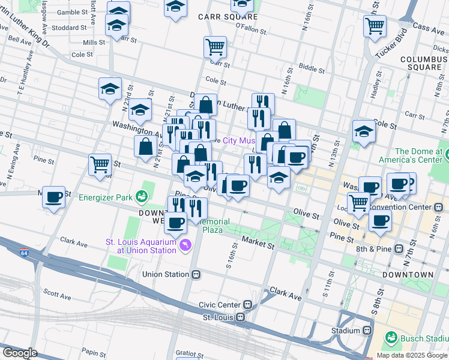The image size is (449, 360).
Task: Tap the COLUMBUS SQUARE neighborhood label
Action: pyautogui.click(x=424, y=63)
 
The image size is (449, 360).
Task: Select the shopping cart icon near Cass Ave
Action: pyautogui.click(x=375, y=25)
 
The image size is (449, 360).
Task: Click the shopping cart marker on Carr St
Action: pyautogui.click(x=215, y=46)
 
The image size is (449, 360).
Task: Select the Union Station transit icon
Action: pyautogui.click(x=196, y=275)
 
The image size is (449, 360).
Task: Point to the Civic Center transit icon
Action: pyautogui.click(x=247, y=305)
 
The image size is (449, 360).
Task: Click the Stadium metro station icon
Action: pyautogui.click(x=367, y=331)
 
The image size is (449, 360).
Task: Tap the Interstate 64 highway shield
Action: pyautogui.click(x=24, y=252)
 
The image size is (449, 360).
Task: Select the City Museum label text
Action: pyautogui.click(x=239, y=140)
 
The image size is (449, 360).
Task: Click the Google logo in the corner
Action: pyautogui.click(x=20, y=352)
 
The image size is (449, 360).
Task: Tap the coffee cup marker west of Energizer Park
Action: pyautogui.click(x=54, y=197)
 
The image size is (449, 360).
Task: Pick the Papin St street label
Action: pyautogui.click(x=88, y=352)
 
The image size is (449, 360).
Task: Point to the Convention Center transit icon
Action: pyautogui.click(x=438, y=207)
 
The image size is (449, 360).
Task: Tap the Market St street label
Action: pyautogui.click(x=258, y=242)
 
